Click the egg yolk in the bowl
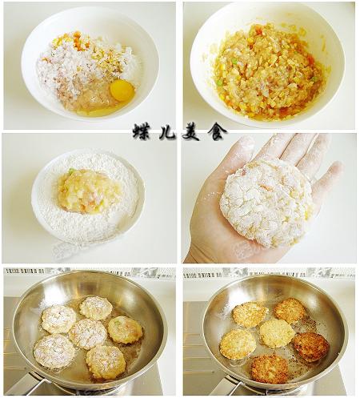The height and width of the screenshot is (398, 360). coord(122,90)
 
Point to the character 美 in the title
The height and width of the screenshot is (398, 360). coord(191,132)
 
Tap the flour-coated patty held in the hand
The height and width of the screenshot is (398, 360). coord(266,203)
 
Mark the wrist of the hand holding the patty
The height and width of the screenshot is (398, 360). coord(198,254)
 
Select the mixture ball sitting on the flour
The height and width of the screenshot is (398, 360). coord(88,191)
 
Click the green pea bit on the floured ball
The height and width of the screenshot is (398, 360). coord(71,171)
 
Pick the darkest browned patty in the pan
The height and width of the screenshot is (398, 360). coord(311,347)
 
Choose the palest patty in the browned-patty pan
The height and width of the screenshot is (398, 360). coord(278,334)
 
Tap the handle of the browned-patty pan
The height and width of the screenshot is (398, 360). coord(230,387)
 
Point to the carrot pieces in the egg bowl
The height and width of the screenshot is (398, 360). coord(80,43)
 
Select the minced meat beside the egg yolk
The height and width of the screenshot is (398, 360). coord(88,98)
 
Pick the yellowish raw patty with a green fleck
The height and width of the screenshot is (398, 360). coord(125,330)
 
